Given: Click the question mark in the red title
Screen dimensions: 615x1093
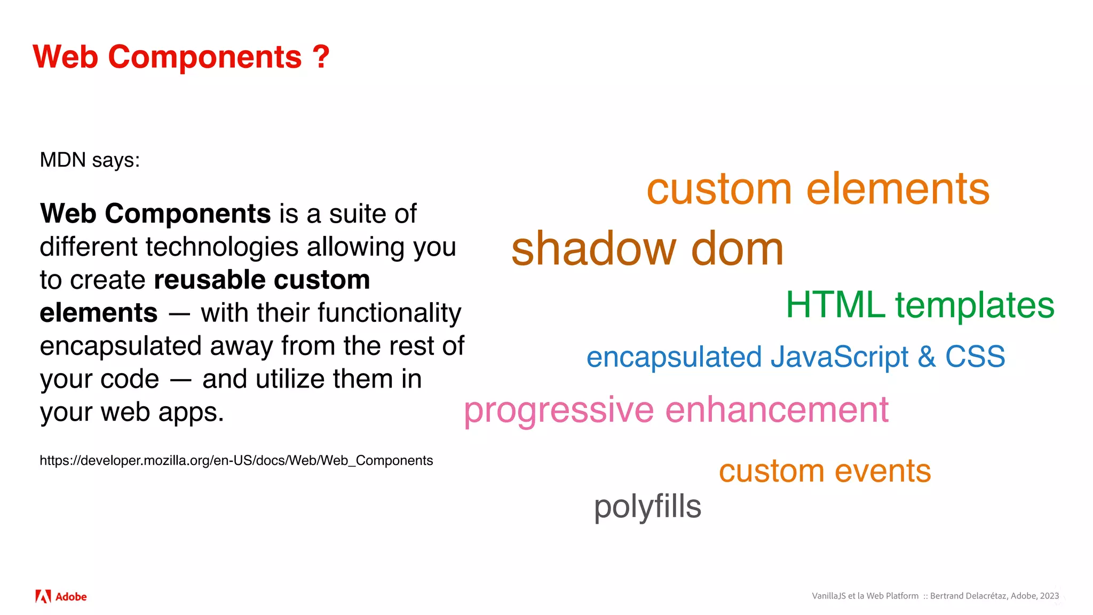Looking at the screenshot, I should (321, 57).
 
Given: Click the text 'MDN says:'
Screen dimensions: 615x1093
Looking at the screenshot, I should (90, 160).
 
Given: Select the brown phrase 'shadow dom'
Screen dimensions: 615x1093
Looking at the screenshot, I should (647, 249).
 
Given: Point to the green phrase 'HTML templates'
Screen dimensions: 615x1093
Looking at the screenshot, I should (920, 305).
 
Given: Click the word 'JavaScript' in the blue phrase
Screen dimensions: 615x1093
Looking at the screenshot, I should (839, 357).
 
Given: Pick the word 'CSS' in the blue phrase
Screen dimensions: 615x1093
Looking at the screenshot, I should (975, 357).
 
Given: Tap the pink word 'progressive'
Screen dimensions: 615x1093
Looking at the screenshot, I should (558, 411).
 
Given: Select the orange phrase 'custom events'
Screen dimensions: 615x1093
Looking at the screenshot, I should (825, 471).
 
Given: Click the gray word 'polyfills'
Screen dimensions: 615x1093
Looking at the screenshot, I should (647, 507).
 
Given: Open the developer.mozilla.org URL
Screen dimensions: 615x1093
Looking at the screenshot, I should (236, 461).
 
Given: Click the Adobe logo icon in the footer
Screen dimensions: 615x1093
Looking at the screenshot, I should (43, 596).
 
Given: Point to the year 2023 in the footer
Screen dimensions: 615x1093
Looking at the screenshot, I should (1049, 596).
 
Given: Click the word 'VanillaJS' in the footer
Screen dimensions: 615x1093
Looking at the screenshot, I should (828, 596).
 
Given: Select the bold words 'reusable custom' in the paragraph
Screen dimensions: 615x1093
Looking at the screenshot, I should (262, 280).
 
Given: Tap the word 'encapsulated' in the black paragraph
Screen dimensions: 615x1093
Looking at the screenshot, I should (121, 346).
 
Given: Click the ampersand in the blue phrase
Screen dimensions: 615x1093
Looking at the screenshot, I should (926, 357).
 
